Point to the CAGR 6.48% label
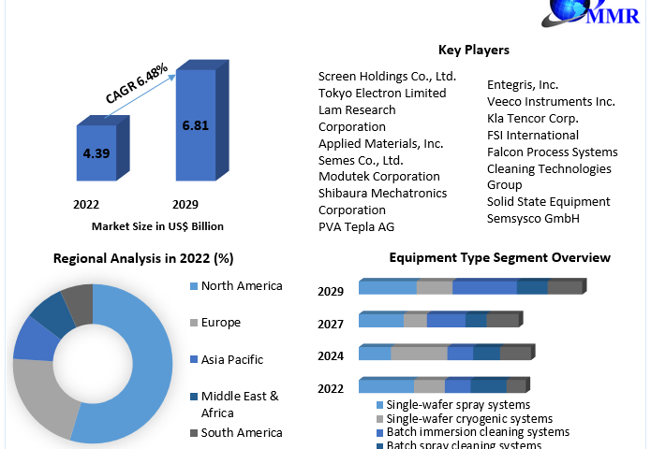137,82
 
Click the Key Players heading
473,50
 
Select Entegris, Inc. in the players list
523,84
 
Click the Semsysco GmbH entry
533,218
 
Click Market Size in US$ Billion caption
157,226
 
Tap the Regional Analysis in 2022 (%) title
143,258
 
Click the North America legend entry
241,286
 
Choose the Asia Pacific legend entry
231,359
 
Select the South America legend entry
241,432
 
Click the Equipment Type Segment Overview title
499,257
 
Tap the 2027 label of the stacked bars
331,324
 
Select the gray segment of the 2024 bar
419,354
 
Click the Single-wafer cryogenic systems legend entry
468,419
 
